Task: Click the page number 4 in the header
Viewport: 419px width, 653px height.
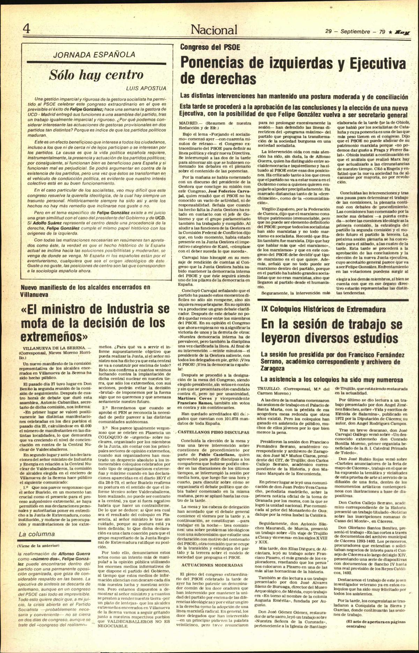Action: (x=26, y=29)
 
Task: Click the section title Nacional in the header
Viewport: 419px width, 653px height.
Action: (x=214, y=30)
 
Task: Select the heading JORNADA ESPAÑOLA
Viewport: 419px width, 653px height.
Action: (x=94, y=54)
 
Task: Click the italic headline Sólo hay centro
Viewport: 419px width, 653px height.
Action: (x=96, y=74)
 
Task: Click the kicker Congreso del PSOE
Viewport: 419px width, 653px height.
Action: (x=210, y=47)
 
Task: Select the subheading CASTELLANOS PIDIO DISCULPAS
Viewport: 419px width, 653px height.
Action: (x=214, y=432)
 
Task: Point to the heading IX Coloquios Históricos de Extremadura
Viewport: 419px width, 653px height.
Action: (x=323, y=310)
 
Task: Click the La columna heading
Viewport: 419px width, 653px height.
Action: (x=37, y=534)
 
